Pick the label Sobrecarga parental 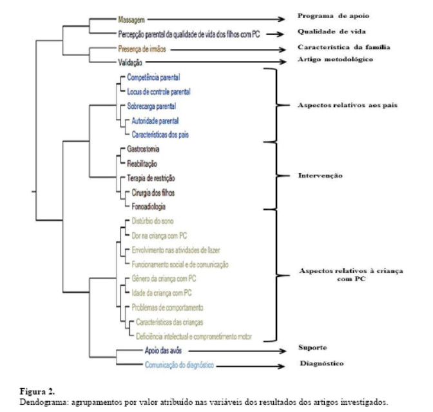151,106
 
